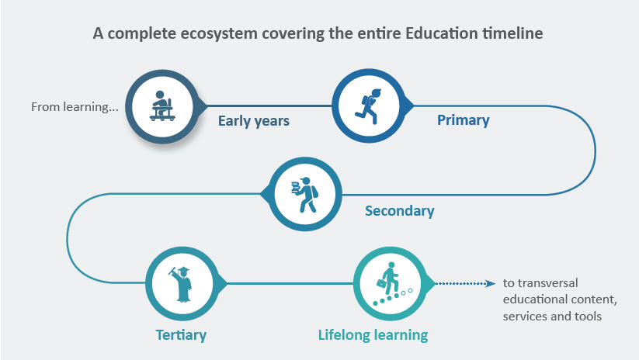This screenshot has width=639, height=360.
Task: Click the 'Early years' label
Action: tap(253, 121)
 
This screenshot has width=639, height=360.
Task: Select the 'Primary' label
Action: tap(463, 120)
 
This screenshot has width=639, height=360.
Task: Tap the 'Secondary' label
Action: tap(399, 210)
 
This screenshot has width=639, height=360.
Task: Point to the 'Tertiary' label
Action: tap(181, 334)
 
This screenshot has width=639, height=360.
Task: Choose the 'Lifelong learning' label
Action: tap(373, 334)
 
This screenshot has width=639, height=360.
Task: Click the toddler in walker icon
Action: tap(162, 106)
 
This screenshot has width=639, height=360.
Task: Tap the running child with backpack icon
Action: tap(368, 106)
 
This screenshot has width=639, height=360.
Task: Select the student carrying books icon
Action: tap(305, 195)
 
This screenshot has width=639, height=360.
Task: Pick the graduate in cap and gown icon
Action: tap(182, 284)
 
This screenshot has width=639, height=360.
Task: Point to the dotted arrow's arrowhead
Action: tap(491, 283)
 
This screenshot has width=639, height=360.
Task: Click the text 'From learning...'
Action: tap(75, 107)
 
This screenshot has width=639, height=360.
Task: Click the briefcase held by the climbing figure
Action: tap(381, 283)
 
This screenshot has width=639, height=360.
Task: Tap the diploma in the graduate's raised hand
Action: tap(172, 271)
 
